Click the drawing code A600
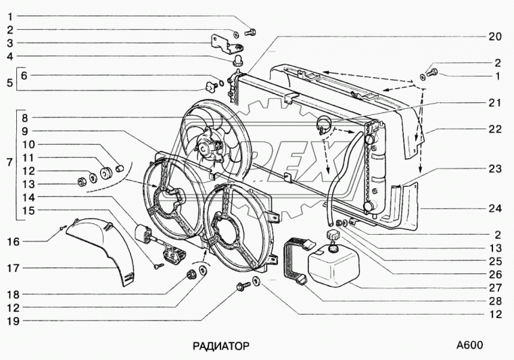click(x=469, y=345)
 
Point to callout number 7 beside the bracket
click(x=9, y=163)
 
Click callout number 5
click(x=9, y=83)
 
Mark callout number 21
click(x=495, y=103)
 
